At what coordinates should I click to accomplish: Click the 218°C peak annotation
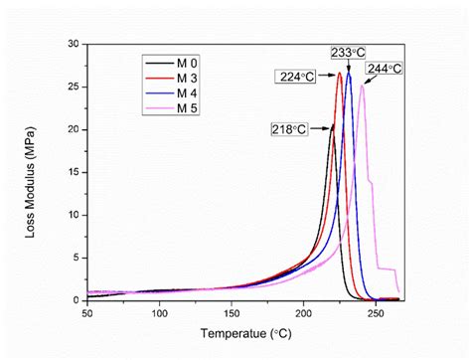coord(288,128)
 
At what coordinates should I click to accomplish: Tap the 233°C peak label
coord(348,52)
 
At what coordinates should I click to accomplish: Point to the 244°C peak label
coord(384,69)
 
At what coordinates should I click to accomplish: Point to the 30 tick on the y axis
coord(73,44)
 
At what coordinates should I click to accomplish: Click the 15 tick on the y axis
coord(73,172)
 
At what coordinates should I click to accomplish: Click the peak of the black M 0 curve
coord(333,125)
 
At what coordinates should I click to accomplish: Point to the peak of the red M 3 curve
coord(340,73)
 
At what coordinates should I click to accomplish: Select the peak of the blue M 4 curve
coord(349,73)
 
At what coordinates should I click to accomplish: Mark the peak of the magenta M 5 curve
coord(363,86)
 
